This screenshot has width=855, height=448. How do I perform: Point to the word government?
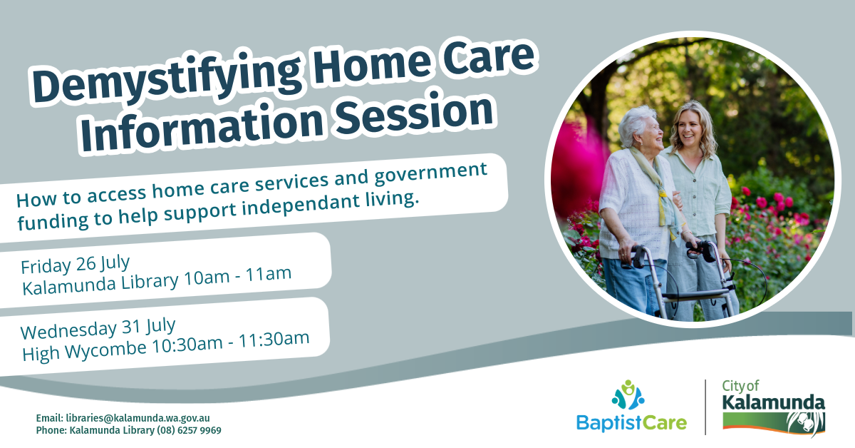(x=430, y=175)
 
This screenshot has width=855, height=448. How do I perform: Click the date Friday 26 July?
(x=76, y=264)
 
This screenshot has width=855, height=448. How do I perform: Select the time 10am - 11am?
(x=238, y=276)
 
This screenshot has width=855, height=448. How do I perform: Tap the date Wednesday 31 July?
(x=98, y=328)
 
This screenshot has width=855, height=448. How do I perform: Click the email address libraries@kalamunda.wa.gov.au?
(x=138, y=418)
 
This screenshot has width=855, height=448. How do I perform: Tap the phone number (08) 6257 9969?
(x=189, y=430)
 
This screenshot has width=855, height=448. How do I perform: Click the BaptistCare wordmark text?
(x=631, y=423)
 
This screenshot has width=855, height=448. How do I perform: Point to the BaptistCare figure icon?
(x=628, y=395)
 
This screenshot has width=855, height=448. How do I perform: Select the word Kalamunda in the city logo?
(x=773, y=402)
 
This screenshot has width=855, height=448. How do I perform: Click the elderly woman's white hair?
(x=636, y=122)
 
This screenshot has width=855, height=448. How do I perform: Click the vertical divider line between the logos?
(x=705, y=407)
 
